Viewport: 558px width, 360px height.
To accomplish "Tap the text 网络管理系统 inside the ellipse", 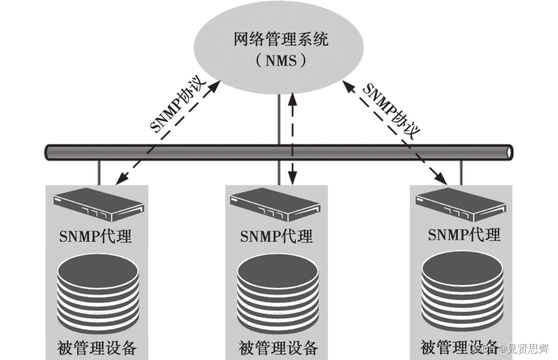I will (280, 40).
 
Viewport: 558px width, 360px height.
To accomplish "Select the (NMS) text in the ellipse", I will (280, 60).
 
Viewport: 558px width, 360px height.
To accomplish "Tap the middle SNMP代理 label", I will (276, 236).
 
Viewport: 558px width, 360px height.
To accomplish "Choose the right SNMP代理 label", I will (464, 235).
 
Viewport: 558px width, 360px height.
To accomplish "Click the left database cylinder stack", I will (98, 293).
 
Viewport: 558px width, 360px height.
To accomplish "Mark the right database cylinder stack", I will (462, 291).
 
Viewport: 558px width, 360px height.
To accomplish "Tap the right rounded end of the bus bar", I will (510, 152).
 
